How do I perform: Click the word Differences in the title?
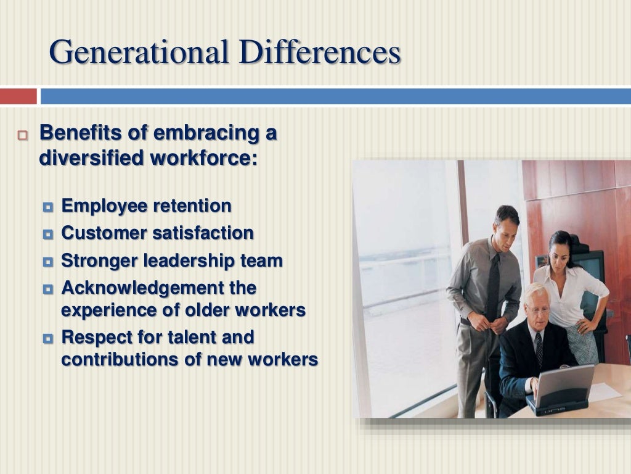318,52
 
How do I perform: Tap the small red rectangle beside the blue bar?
18,96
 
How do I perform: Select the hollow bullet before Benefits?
23,136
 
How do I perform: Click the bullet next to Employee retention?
49,206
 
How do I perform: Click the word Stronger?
100,260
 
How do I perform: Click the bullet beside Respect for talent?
49,338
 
